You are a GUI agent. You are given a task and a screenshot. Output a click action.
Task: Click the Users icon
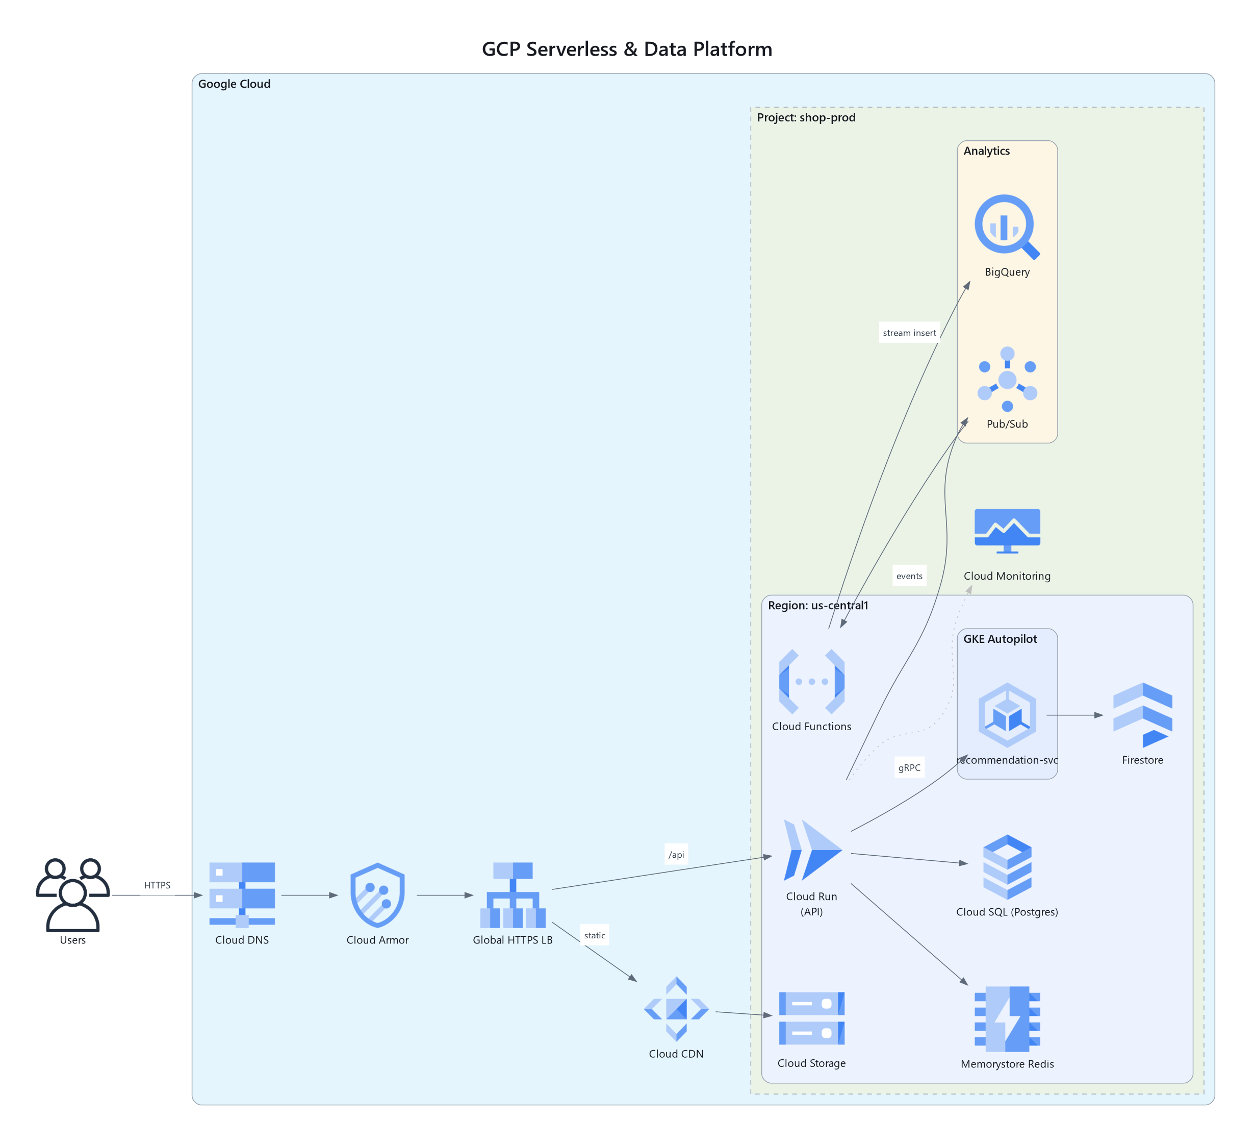tap(73, 894)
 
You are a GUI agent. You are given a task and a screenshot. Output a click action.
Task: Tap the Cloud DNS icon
tap(242, 894)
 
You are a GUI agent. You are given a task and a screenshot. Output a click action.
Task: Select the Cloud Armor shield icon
tap(377, 894)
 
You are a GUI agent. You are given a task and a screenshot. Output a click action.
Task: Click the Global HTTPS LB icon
tap(513, 894)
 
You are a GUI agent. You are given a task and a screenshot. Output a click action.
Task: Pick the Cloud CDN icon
tap(676, 1009)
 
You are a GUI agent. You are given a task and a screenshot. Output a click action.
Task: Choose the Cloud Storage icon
tap(812, 1018)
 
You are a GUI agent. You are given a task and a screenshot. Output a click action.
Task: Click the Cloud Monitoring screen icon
tap(1007, 531)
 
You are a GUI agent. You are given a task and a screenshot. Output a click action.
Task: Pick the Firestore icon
tap(1142, 714)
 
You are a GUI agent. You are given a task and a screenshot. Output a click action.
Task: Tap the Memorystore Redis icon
tap(1007, 1018)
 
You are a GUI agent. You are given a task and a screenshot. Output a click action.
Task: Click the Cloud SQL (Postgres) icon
tap(1007, 866)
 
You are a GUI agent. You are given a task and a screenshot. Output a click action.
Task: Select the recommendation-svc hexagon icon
tap(1007, 714)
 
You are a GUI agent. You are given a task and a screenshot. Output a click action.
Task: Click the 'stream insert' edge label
tap(909, 333)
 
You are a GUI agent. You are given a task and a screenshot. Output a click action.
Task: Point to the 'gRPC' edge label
tap(909, 767)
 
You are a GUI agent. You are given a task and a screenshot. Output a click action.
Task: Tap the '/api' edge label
tap(676, 854)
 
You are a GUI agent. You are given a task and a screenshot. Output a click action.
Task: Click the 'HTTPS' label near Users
tap(158, 885)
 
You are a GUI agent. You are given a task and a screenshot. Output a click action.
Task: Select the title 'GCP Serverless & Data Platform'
tap(627, 48)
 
